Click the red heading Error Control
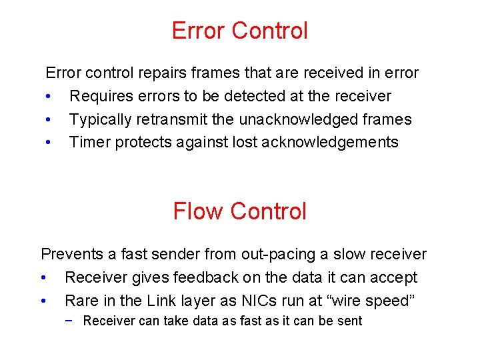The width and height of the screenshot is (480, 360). [x=240, y=31]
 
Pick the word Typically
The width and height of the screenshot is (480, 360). [x=101, y=119]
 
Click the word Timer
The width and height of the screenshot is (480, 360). [x=90, y=142]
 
